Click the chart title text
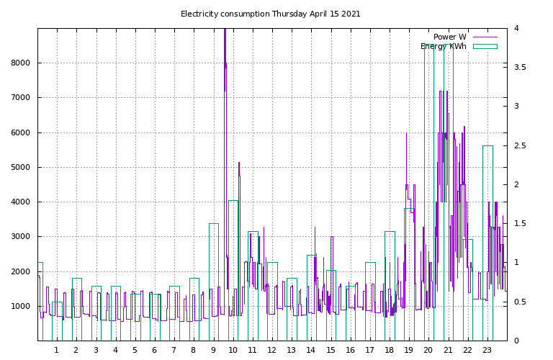click(270, 14)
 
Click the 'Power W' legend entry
click(449, 37)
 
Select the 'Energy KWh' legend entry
click(443, 46)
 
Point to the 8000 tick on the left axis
click(21, 63)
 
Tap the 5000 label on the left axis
click(21, 168)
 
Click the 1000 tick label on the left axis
click(21, 307)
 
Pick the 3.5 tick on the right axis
click(520, 68)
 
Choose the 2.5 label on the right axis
click(520, 146)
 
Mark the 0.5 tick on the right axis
click(520, 302)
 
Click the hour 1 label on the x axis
click(56, 351)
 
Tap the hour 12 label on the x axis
click(271, 351)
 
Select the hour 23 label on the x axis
click(487, 351)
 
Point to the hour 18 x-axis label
click(389, 351)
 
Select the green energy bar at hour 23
click(487, 245)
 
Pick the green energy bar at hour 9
click(214, 281)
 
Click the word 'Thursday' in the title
click(289, 14)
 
